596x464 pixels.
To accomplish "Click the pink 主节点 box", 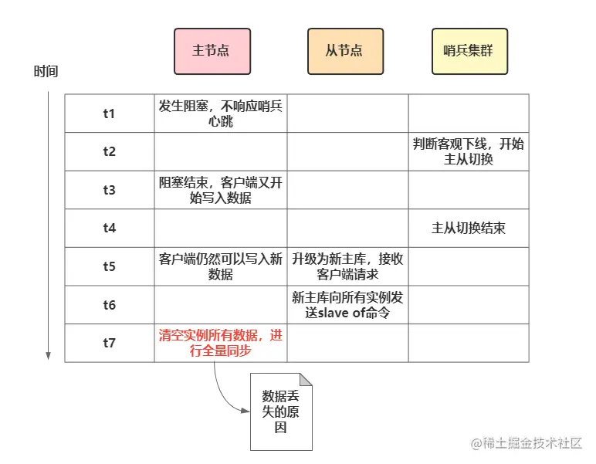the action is click(212, 51).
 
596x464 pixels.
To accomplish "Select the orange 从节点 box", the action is click(345, 51).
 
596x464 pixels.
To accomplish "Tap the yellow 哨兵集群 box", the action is click(469, 51).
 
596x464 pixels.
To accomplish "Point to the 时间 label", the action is click(46, 72).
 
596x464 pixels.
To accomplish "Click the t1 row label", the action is click(110, 113).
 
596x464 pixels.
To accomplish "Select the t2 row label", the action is click(110, 151).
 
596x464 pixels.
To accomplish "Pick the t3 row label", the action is click(110, 190).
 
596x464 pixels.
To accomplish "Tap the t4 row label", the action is click(110, 229).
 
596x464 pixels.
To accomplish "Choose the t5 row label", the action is click(110, 266).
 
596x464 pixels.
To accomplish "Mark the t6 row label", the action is click(110, 305).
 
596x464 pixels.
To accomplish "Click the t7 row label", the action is click(110, 343).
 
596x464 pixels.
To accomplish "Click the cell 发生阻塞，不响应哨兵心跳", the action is click(221, 113).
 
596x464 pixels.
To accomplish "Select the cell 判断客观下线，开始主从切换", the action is click(469, 151).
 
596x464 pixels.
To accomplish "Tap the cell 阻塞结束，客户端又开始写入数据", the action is click(221, 190).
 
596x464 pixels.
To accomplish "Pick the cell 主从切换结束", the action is click(469, 229).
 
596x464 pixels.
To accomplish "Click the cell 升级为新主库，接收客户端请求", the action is click(347, 266).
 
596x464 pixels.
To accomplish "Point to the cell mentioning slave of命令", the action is click(347, 305).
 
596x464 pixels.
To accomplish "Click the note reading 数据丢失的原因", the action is click(281, 412).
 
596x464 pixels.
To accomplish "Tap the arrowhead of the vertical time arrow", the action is click(49, 356).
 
